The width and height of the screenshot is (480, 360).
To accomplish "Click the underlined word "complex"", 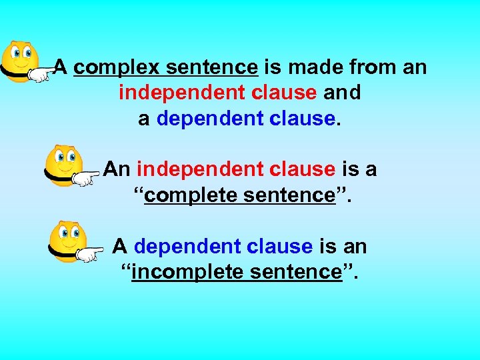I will point(117,68).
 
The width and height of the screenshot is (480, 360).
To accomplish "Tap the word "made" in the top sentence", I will point(311,67).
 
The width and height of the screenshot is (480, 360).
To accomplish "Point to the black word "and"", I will point(341,93).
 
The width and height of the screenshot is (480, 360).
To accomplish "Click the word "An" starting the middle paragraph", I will point(117,169).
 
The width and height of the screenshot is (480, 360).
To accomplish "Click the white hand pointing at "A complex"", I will point(42,74).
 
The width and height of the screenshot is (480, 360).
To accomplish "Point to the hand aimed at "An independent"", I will point(85,178).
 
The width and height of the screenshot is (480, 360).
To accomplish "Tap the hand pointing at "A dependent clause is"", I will point(89,254).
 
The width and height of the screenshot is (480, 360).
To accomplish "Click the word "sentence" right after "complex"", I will point(211,68).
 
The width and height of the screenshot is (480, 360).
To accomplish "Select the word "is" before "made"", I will point(273,67).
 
